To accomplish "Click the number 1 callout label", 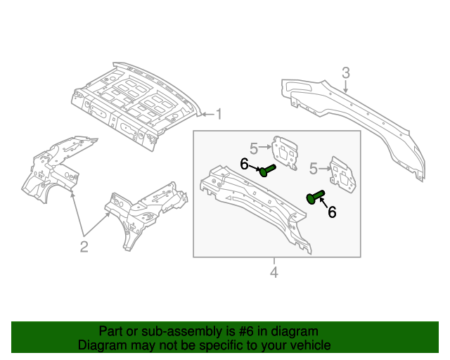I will coord(218,114).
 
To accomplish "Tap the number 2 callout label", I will coord(84,246).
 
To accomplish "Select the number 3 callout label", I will coord(346,72).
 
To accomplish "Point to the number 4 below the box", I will coord(274,272).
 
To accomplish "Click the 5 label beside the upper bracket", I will coord(254,147).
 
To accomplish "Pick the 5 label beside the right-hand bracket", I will coord(314,167).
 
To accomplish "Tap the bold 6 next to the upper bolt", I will coord(244,164).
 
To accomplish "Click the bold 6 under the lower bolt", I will coord(332,212).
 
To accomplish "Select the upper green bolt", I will coord(267,169).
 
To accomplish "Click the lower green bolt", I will coord(314,197).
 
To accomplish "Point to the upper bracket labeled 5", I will coord(285,153).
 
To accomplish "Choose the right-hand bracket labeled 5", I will coord(342,174).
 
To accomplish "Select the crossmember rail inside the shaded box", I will coord(253,204).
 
